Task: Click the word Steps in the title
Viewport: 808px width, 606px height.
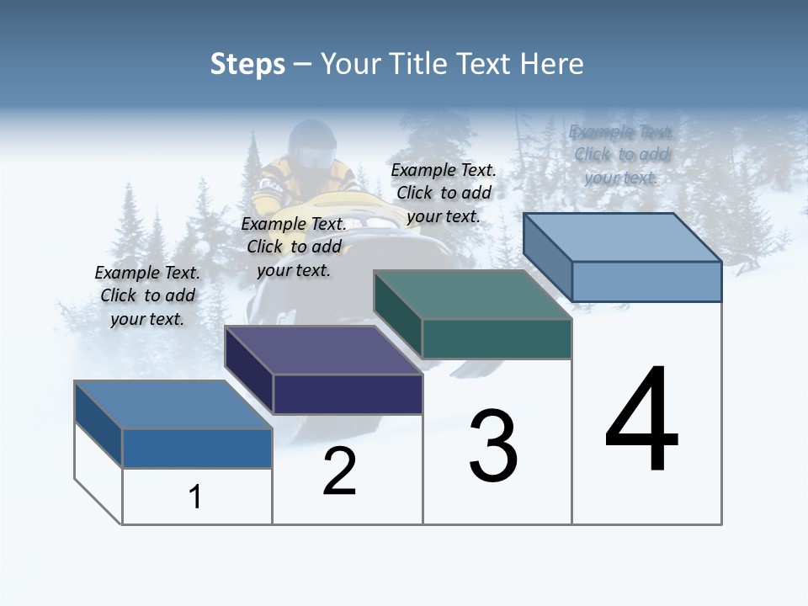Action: (247, 64)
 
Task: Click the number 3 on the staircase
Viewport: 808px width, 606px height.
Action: (493, 446)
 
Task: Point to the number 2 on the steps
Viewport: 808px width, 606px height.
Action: (340, 472)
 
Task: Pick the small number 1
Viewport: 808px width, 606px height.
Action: (195, 497)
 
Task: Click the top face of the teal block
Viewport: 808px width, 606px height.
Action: (471, 295)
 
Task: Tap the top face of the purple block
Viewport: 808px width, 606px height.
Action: (323, 350)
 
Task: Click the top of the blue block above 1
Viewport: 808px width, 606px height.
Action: (173, 405)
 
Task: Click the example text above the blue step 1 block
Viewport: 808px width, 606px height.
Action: (147, 295)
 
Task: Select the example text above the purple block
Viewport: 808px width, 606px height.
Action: (294, 247)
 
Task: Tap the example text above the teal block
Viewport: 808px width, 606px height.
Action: (444, 193)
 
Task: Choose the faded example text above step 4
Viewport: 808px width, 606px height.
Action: (621, 154)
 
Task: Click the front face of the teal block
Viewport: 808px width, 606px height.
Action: (497, 338)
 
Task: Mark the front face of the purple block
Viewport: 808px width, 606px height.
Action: (348, 394)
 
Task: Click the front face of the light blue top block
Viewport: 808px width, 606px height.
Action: (646, 281)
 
